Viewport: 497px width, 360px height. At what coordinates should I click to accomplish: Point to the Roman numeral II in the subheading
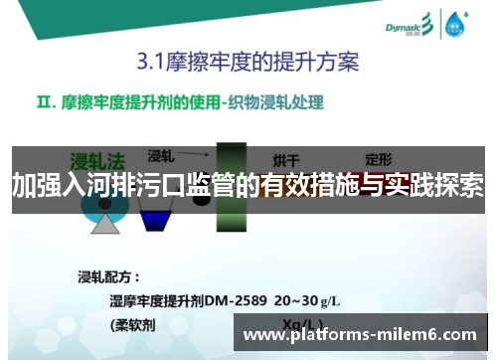(x=49, y=101)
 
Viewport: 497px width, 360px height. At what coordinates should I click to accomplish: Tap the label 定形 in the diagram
(x=379, y=159)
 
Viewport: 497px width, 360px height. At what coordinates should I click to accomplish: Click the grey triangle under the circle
(x=105, y=223)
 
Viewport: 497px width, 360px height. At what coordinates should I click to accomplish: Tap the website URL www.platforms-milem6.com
(x=360, y=335)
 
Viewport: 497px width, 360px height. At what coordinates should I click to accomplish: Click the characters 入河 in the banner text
(x=82, y=185)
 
